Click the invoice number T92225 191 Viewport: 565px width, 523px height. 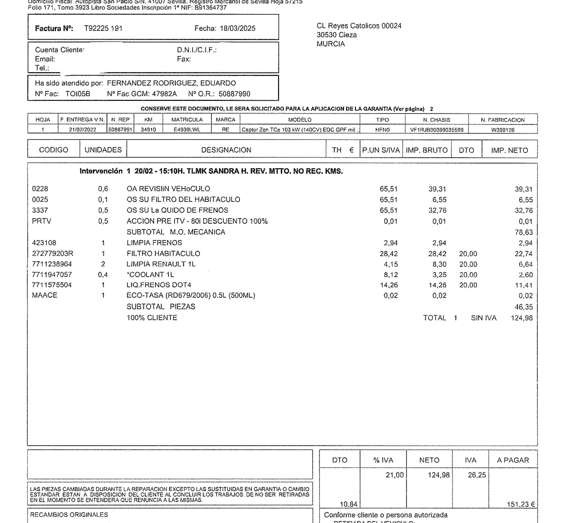tap(103, 29)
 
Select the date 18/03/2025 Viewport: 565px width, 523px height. tap(237, 29)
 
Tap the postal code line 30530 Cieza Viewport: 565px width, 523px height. tap(336, 35)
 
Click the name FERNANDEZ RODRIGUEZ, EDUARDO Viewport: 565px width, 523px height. tap(171, 83)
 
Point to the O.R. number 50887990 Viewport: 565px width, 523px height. tap(234, 94)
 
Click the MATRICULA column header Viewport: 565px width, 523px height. tap(187, 120)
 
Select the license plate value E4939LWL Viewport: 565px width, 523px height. tap(187, 130)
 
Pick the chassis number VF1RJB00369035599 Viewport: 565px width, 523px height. tap(436, 130)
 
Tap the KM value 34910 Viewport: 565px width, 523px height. tap(148, 130)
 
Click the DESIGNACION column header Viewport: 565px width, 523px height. tap(226, 150)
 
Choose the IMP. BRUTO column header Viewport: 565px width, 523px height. tap(427, 150)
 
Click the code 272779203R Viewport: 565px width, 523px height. tap(53, 253)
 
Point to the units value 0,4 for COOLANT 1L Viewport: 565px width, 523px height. tap(103, 275)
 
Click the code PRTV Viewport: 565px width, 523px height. tap(42, 221)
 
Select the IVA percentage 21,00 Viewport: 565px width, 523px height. tap(395, 475)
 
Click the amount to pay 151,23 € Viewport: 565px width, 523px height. tap(521, 504)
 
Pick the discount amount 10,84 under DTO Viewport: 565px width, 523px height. tap(348, 504)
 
